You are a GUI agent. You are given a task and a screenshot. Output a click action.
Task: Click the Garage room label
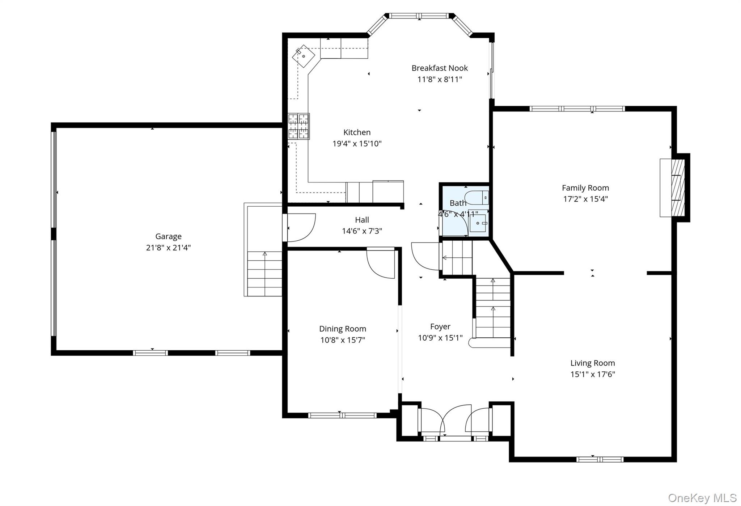click(168, 236)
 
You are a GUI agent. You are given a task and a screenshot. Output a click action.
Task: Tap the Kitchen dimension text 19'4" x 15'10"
click(357, 144)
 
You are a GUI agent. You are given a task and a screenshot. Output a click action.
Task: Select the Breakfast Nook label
click(440, 68)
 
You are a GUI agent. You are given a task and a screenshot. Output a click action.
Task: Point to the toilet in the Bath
click(477, 198)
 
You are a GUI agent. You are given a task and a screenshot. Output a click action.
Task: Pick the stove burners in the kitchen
click(298, 126)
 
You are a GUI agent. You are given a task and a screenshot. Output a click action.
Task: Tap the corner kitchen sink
click(304, 56)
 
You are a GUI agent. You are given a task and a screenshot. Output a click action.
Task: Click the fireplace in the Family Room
click(674, 188)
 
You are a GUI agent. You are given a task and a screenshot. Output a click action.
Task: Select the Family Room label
click(585, 188)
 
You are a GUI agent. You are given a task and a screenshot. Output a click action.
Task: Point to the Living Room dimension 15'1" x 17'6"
click(593, 374)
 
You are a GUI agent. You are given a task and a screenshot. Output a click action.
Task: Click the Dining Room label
click(343, 329)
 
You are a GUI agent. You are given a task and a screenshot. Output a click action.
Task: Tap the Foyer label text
click(440, 326)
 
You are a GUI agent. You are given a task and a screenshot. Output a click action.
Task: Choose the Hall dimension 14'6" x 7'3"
click(362, 231)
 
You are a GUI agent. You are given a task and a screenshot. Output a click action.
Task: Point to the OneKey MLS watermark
click(702, 498)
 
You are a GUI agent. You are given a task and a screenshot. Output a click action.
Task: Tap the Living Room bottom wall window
click(600, 460)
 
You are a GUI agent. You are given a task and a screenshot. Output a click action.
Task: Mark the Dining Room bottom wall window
click(342, 416)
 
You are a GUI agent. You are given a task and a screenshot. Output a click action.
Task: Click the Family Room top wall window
click(577, 109)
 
